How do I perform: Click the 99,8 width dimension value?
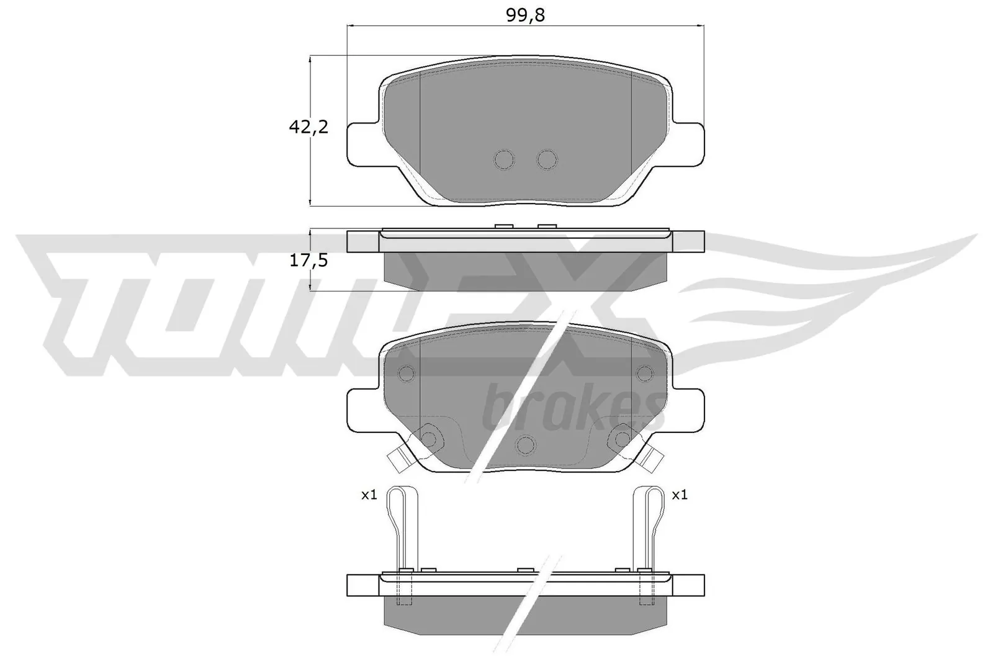coord(525,16)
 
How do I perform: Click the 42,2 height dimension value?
coord(308,127)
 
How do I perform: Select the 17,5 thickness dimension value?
coord(308,261)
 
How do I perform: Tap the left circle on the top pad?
coord(505,159)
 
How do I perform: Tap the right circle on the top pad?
coord(547,159)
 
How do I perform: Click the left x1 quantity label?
coord(369,495)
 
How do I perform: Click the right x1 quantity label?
coord(680,495)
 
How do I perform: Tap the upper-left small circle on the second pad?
coord(407,373)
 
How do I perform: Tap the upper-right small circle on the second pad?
coord(645,373)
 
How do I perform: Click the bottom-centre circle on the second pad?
coord(526,445)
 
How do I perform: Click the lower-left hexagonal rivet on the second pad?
coord(429,439)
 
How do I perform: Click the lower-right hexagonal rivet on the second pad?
coord(622,439)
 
